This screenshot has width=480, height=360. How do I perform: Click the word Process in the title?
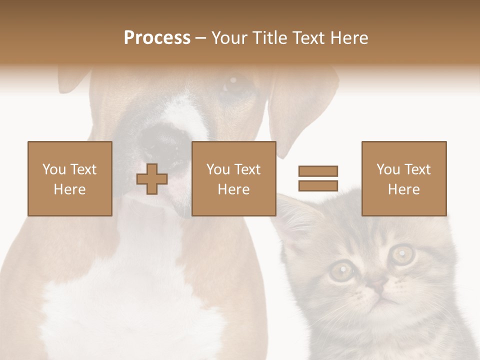click(157, 38)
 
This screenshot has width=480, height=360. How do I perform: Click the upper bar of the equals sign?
click(318, 171)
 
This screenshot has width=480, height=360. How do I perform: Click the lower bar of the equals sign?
click(318, 186)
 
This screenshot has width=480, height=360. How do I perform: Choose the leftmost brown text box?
click(69, 178)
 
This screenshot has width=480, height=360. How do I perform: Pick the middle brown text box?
click(233, 178)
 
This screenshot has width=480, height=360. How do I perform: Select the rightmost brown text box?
click(403, 178)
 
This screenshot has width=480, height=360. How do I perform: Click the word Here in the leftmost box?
click(69, 189)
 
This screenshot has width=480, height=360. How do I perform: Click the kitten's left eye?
click(341, 270)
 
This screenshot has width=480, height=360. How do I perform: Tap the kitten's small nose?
click(378, 287)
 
